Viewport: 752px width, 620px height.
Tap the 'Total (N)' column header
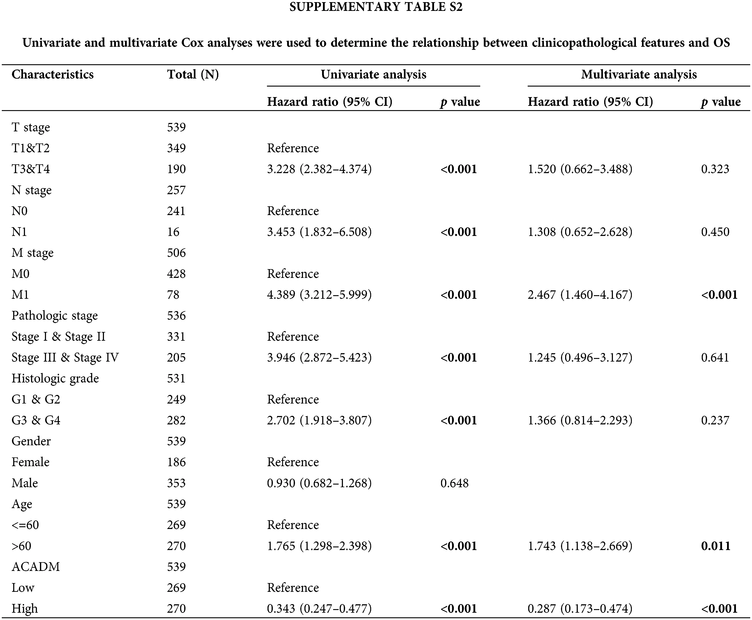click(193, 75)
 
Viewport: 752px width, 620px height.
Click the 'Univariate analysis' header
click(373, 75)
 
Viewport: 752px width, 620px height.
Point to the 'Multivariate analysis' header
click(639, 75)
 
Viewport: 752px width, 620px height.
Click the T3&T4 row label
click(31, 169)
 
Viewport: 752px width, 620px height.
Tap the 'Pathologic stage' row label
click(55, 316)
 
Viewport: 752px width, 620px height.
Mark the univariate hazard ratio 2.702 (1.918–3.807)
click(319, 420)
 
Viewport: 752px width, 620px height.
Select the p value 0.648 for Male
click(454, 483)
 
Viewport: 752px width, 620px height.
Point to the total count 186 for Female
click(176, 462)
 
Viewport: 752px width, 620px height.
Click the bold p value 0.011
click(716, 546)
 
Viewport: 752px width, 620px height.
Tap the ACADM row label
click(36, 567)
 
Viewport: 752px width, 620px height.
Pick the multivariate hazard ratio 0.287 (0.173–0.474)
click(580, 609)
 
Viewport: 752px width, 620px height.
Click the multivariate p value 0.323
click(715, 169)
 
